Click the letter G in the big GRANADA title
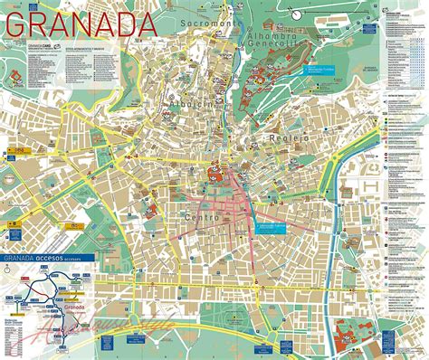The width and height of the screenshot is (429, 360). click(16, 24)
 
